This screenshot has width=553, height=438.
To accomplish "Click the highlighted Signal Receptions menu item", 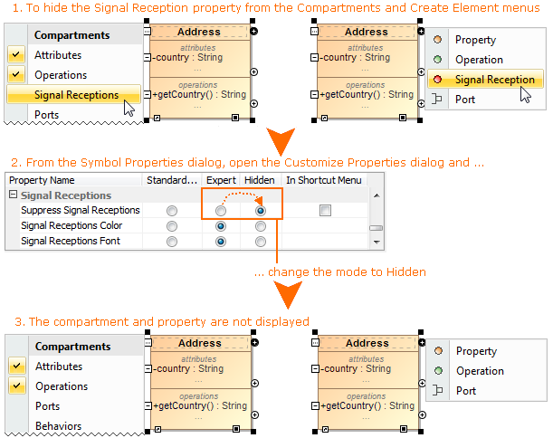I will point(76,94).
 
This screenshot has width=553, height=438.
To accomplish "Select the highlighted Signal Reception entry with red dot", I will point(494,80).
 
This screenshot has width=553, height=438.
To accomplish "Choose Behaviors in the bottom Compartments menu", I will point(58,426).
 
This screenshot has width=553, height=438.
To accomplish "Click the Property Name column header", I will point(42,180).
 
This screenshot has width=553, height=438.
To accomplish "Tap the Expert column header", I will point(220,180).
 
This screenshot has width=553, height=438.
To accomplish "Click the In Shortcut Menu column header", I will point(324,180).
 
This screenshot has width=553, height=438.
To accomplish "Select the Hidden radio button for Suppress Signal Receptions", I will point(261,210).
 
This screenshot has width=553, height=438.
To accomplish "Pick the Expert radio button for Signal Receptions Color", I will point(220,225).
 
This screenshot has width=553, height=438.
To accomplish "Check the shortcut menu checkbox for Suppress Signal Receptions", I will point(325,210).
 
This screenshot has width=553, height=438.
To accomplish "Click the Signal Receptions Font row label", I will point(72,241).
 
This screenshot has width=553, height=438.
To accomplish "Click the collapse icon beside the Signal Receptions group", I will point(14,195).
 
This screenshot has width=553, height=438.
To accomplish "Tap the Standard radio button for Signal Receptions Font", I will point(172,241).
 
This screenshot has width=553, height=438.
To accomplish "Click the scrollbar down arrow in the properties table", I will point(377,242).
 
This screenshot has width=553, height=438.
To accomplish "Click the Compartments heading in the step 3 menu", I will point(72,347).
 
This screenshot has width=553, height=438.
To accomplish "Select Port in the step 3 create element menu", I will point(466,391).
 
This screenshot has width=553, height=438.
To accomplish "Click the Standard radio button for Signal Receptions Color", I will point(172,225).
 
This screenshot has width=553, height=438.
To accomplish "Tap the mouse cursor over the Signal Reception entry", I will point(525,94).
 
